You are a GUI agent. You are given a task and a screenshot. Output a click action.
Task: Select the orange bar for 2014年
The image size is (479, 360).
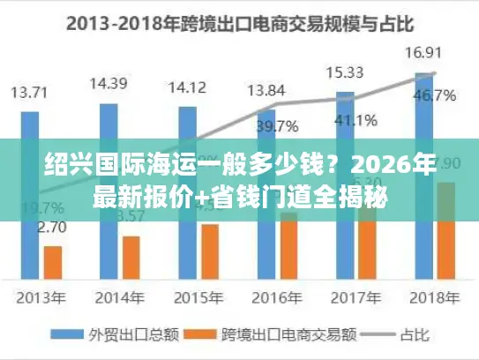point(131,256)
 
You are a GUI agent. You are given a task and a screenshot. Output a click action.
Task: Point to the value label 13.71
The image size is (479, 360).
point(29,91)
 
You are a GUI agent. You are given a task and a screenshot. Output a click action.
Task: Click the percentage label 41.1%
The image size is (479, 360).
point(356,120)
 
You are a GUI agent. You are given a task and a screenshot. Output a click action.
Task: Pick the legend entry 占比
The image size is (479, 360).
point(401,334)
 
